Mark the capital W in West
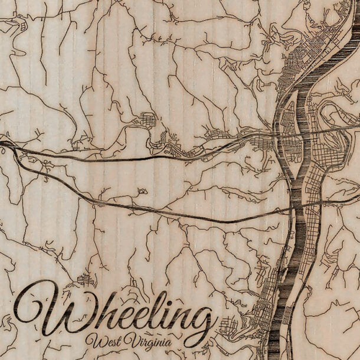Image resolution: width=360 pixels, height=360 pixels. [x=94, y=341]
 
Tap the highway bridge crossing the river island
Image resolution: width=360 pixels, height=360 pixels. [x=289, y=136]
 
